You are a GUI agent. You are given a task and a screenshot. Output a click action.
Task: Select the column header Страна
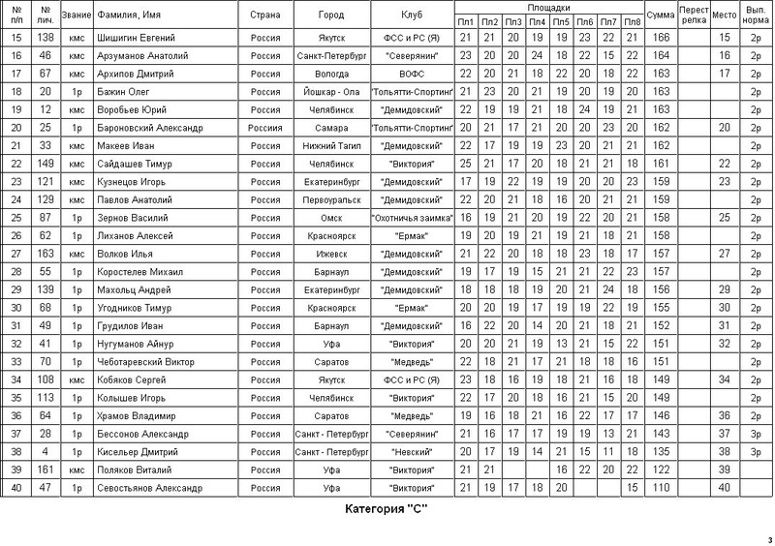[265, 16]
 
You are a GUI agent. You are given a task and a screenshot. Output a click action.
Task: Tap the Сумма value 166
[663, 38]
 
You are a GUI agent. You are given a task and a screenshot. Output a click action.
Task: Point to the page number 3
[769, 539]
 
